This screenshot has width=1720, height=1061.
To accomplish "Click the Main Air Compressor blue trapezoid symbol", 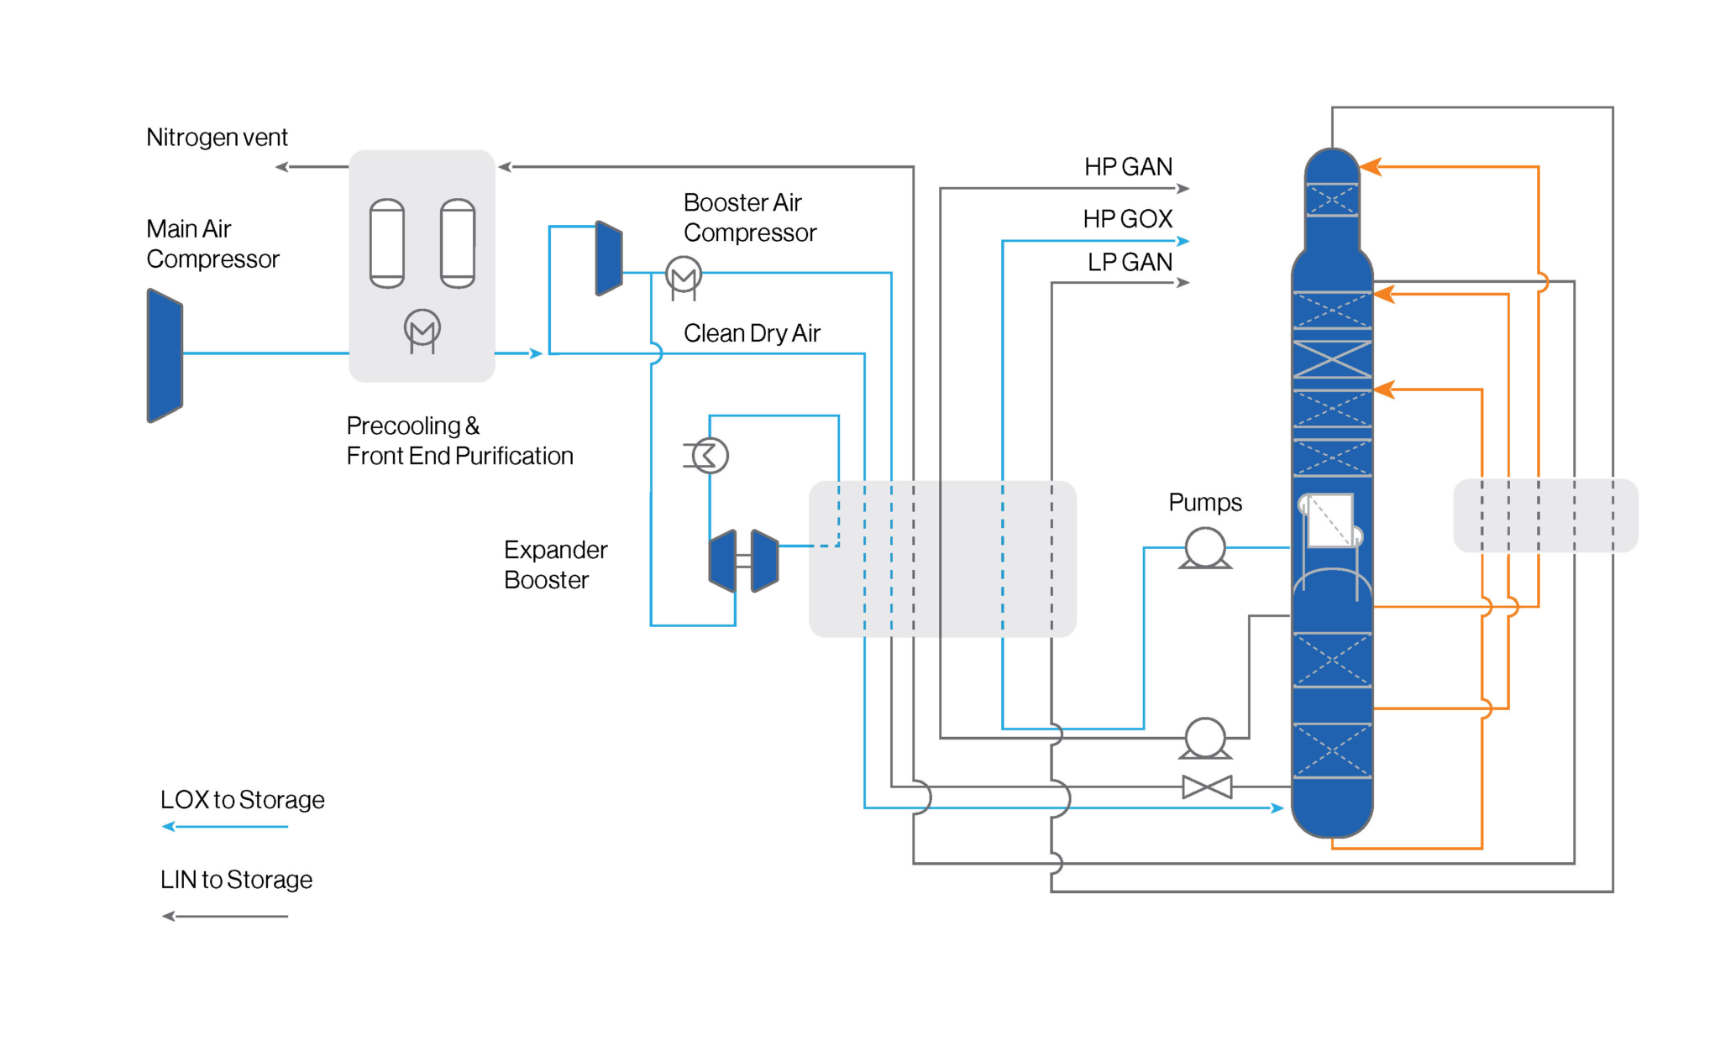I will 165,355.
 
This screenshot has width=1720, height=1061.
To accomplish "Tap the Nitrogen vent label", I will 217,137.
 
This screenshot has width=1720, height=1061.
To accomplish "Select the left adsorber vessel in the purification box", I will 387,243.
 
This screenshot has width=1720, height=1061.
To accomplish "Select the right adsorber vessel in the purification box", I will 458,243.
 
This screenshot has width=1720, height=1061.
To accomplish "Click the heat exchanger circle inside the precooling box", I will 422,328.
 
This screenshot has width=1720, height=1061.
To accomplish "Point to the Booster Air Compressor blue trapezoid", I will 609,259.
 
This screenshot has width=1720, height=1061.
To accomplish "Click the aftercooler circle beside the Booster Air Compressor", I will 684,274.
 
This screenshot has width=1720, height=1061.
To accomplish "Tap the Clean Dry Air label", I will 752,333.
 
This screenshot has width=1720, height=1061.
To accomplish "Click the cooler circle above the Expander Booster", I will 710,456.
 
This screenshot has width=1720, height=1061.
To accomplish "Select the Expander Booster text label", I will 555,565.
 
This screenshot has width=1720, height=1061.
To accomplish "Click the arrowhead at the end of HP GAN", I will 1183,189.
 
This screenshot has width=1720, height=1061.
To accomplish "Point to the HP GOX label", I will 1127,219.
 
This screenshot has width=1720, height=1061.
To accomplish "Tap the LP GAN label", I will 1130,263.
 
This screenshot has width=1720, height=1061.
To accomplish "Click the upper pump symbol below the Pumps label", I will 1205,547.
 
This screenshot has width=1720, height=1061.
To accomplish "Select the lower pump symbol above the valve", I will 1205,737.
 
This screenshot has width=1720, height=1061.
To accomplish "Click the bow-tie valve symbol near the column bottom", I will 1207,787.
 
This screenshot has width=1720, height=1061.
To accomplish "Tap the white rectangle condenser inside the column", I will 1330,520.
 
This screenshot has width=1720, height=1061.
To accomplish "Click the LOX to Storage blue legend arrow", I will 225,827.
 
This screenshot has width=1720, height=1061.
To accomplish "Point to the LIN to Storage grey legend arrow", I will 225,916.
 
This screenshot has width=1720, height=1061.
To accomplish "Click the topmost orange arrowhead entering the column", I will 1371,167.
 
